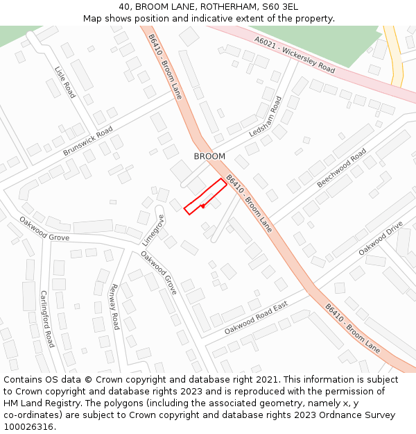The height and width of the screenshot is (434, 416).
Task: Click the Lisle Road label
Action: [65, 81]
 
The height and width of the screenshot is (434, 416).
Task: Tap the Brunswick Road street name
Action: [87, 142]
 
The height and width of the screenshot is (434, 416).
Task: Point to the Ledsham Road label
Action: [269, 117]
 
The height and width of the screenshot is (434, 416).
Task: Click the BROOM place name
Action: [209, 156]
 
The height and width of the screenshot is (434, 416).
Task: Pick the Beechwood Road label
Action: [341, 167]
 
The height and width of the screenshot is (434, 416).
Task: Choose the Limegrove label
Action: [154, 230]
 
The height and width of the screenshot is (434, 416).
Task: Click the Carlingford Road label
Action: [46, 319]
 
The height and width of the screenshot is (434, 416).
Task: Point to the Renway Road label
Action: [114, 306]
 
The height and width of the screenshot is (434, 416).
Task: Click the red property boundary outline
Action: [205, 195]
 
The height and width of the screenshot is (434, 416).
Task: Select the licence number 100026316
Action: [29, 426]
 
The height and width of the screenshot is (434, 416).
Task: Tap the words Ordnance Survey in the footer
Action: [361, 415]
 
